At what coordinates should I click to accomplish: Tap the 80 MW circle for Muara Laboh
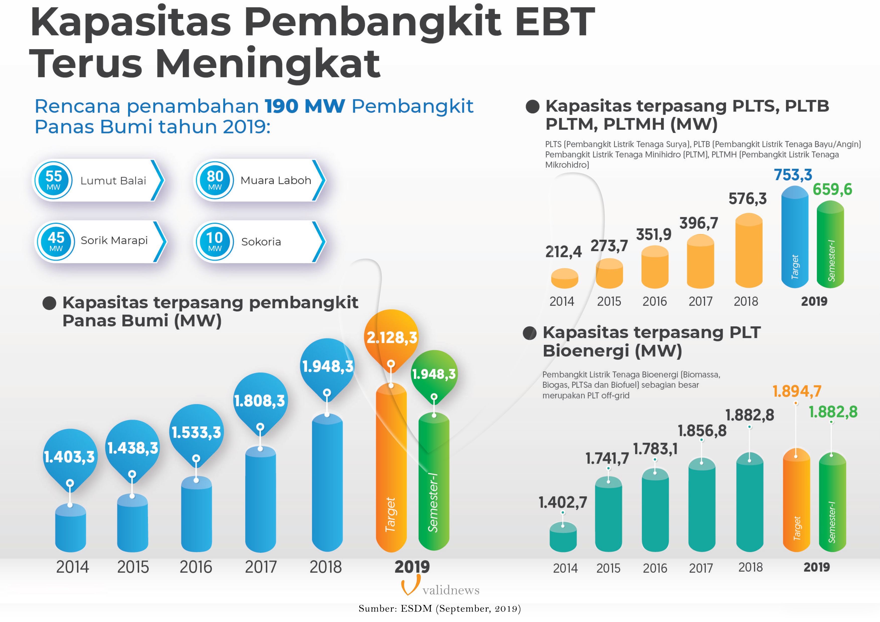215,180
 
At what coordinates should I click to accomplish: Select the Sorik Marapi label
114,240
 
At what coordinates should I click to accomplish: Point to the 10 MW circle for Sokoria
215,242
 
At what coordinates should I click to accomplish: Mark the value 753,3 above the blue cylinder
793,175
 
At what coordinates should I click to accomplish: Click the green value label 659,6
832,189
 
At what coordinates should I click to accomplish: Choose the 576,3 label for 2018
747,199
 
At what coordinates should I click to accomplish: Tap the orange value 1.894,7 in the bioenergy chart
796,391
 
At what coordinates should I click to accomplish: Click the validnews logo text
451,590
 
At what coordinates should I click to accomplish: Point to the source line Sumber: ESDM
439,609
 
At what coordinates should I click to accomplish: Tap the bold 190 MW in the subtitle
305,106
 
